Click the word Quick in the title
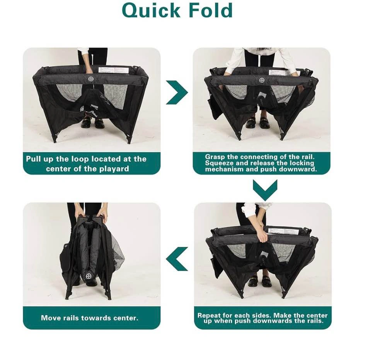(151, 10)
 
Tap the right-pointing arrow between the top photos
(177, 92)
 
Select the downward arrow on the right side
(265, 190)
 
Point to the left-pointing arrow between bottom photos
(177, 259)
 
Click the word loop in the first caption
(80, 159)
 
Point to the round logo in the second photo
(262, 80)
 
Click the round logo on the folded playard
(89, 276)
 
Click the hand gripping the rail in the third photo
(262, 237)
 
